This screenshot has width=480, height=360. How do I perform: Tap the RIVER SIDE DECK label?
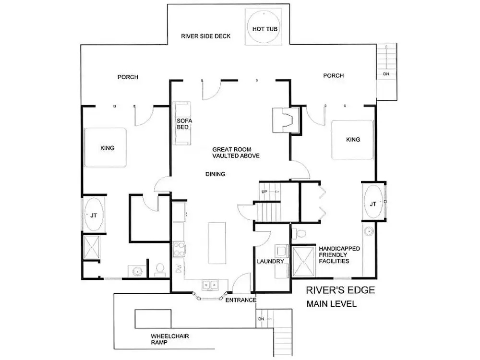tap(206, 36)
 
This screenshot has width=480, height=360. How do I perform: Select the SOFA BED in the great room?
tap(183, 123)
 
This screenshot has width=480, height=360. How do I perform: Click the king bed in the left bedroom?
tap(106, 147)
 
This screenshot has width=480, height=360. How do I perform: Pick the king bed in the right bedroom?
tap(352, 140)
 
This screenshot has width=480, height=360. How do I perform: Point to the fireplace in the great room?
tap(286, 120)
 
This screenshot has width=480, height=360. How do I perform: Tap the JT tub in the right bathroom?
tap(373, 202)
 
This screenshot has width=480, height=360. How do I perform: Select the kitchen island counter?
tap(217, 243)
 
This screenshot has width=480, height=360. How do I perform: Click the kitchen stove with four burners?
tap(179, 249)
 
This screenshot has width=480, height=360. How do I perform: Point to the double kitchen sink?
tap(210, 285)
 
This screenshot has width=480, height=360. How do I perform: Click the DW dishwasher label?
tap(179, 268)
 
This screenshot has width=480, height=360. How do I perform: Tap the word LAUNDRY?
tap(270, 262)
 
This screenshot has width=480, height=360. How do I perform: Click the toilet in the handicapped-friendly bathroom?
tap(299, 233)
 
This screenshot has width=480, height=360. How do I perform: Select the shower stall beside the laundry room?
tap(303, 262)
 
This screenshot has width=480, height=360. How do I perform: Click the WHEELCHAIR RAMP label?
tap(170, 339)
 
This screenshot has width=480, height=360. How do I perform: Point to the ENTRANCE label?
tap(241, 300)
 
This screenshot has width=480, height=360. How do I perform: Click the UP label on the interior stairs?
tap(264, 192)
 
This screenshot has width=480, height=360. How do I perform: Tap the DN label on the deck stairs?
tap(386, 74)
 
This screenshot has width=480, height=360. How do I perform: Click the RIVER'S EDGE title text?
tap(340, 290)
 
